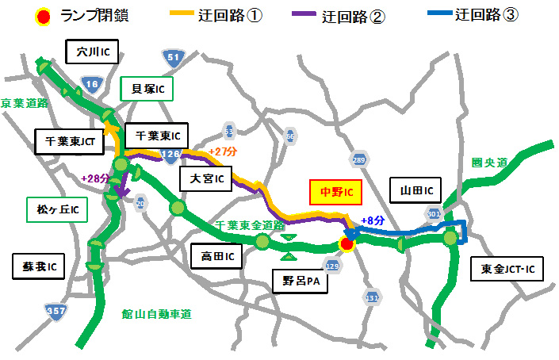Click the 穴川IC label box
pyautogui.click(x=92, y=53)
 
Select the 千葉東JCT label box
pyautogui.click(x=71, y=142)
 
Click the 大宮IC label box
pyautogui.click(x=205, y=180)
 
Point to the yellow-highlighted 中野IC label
pyautogui.click(x=335, y=192)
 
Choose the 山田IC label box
pyautogui.click(x=416, y=190)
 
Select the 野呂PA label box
pyautogui.click(x=299, y=280)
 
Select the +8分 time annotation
pyautogui.click(x=373, y=221)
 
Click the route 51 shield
pyautogui.click(x=174, y=57)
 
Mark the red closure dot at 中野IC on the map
pyautogui.click(x=347, y=245)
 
